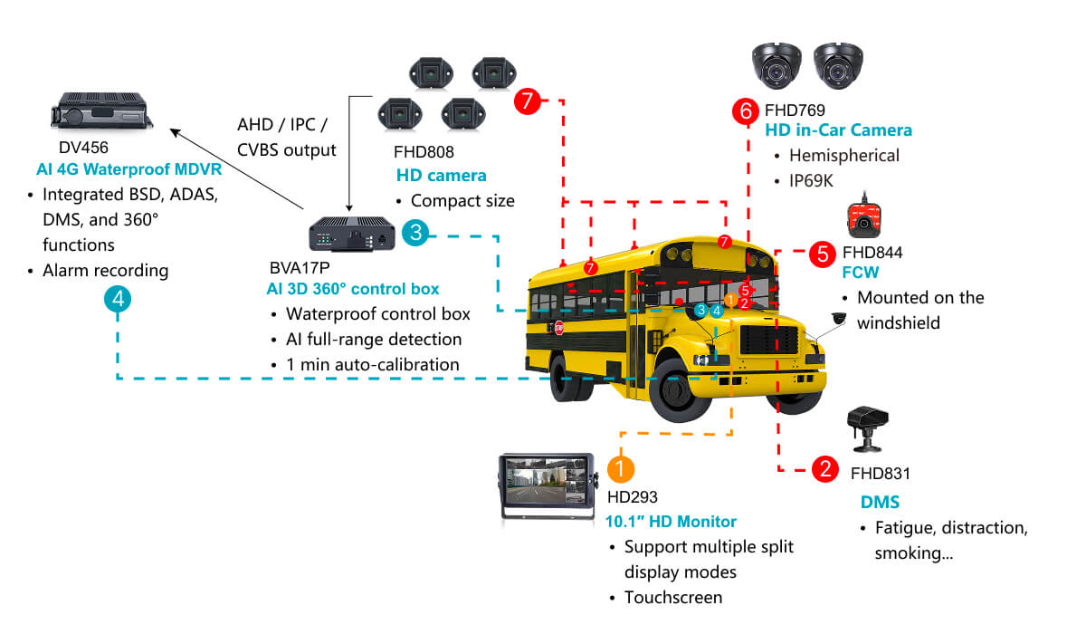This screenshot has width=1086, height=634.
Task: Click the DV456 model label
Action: point(83,148)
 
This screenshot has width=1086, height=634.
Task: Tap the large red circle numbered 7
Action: point(527,101)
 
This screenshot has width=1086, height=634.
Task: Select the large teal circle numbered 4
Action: point(118,299)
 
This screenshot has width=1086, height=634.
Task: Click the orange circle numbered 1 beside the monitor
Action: point(621,469)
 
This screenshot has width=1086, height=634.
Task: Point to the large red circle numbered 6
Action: point(746,111)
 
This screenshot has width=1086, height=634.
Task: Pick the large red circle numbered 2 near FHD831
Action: point(825,469)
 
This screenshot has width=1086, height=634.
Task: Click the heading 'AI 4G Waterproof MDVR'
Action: point(129,169)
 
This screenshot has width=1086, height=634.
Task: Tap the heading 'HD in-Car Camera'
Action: point(838,130)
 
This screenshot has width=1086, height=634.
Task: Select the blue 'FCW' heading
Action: point(860,272)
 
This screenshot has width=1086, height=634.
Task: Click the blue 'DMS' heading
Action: point(880,502)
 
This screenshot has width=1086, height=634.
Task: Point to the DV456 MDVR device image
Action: point(101,110)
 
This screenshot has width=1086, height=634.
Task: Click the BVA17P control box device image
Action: point(352,234)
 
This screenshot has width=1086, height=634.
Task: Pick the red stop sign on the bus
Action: point(559,328)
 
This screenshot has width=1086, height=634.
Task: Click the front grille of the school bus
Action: point(769,340)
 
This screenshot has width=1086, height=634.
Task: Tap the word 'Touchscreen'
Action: point(673,597)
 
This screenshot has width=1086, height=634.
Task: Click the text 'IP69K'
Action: point(811,181)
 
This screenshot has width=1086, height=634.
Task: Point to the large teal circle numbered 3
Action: point(415,233)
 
